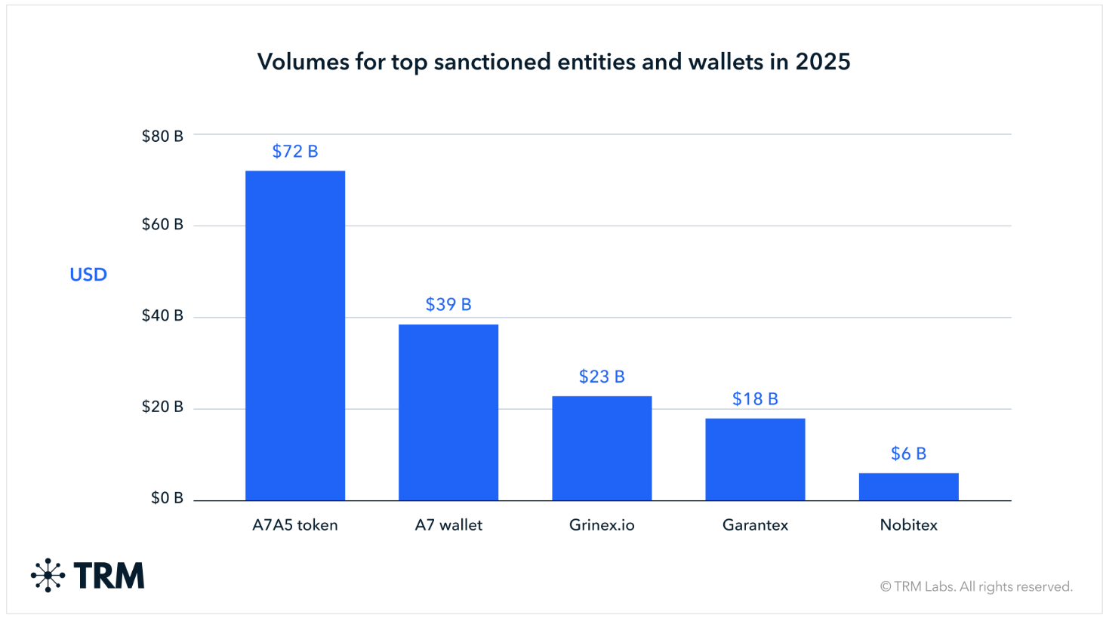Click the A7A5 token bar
click(x=295, y=335)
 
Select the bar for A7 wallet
click(x=448, y=412)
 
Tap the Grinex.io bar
click(x=602, y=448)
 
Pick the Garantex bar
click(x=755, y=459)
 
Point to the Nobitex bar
click(x=908, y=487)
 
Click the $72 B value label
click(x=295, y=152)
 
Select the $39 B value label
click(x=448, y=305)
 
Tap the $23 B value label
click(x=602, y=377)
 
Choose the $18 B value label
click(x=755, y=399)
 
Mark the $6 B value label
click(x=908, y=454)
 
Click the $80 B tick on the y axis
click(x=162, y=137)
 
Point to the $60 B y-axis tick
click(x=162, y=225)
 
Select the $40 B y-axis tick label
click(x=162, y=316)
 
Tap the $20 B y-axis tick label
click(x=162, y=407)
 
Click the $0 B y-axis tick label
click(x=167, y=498)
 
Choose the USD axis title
click(x=88, y=275)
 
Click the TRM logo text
click(x=109, y=576)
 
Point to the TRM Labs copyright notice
click(x=976, y=586)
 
